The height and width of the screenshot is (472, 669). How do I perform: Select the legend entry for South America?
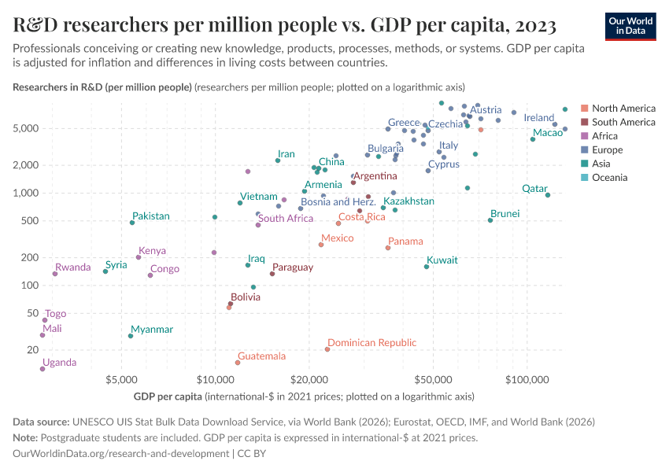point(623,122)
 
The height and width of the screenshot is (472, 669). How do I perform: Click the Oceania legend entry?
point(609,178)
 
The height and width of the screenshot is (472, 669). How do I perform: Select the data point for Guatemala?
point(238,363)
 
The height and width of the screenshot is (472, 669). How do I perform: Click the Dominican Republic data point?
point(327,349)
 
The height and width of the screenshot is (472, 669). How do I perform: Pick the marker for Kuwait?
point(427,267)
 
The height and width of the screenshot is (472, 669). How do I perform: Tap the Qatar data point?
point(548,195)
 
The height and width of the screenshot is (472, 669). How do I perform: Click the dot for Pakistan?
point(132,223)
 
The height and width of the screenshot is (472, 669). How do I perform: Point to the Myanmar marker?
point(131,336)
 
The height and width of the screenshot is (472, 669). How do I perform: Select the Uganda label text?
point(60,363)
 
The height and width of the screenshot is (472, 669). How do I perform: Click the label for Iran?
point(286,154)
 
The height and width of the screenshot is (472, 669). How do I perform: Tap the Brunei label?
point(505,213)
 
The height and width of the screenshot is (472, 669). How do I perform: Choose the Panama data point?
point(388,248)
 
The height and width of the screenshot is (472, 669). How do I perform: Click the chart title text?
point(285,25)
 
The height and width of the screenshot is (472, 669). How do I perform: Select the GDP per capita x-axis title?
point(168,396)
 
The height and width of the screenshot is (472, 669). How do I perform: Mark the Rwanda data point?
point(55,274)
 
